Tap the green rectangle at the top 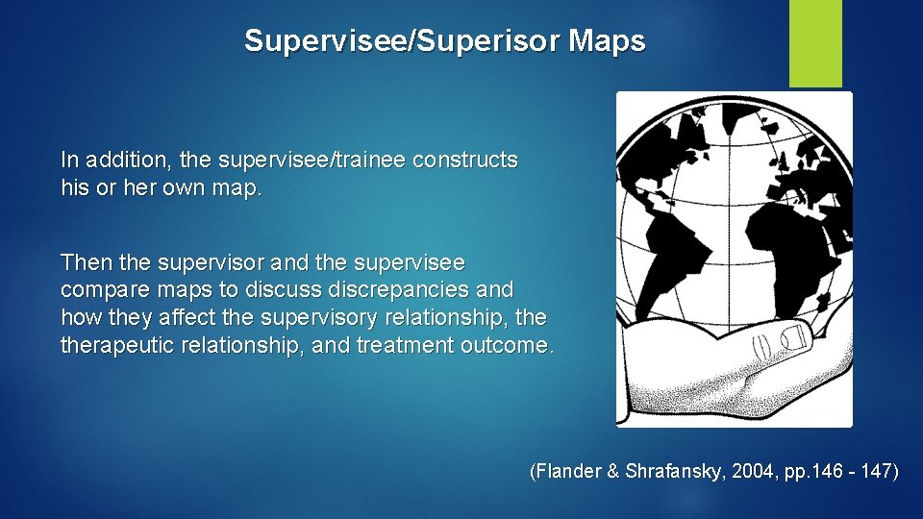(x=815, y=43)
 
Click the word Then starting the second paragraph (x=84, y=262)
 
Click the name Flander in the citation (x=569, y=472)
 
